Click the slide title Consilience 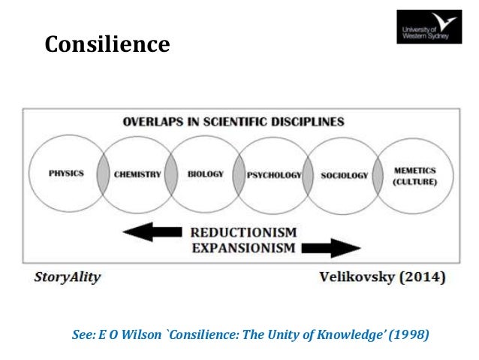107,44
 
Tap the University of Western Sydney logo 429,27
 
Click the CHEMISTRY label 137,174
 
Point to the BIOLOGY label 206,174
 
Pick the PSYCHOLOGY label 275,175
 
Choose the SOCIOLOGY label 345,175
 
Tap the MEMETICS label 414,170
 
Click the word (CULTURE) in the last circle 414,181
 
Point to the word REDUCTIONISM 244,232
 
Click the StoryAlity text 67,277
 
